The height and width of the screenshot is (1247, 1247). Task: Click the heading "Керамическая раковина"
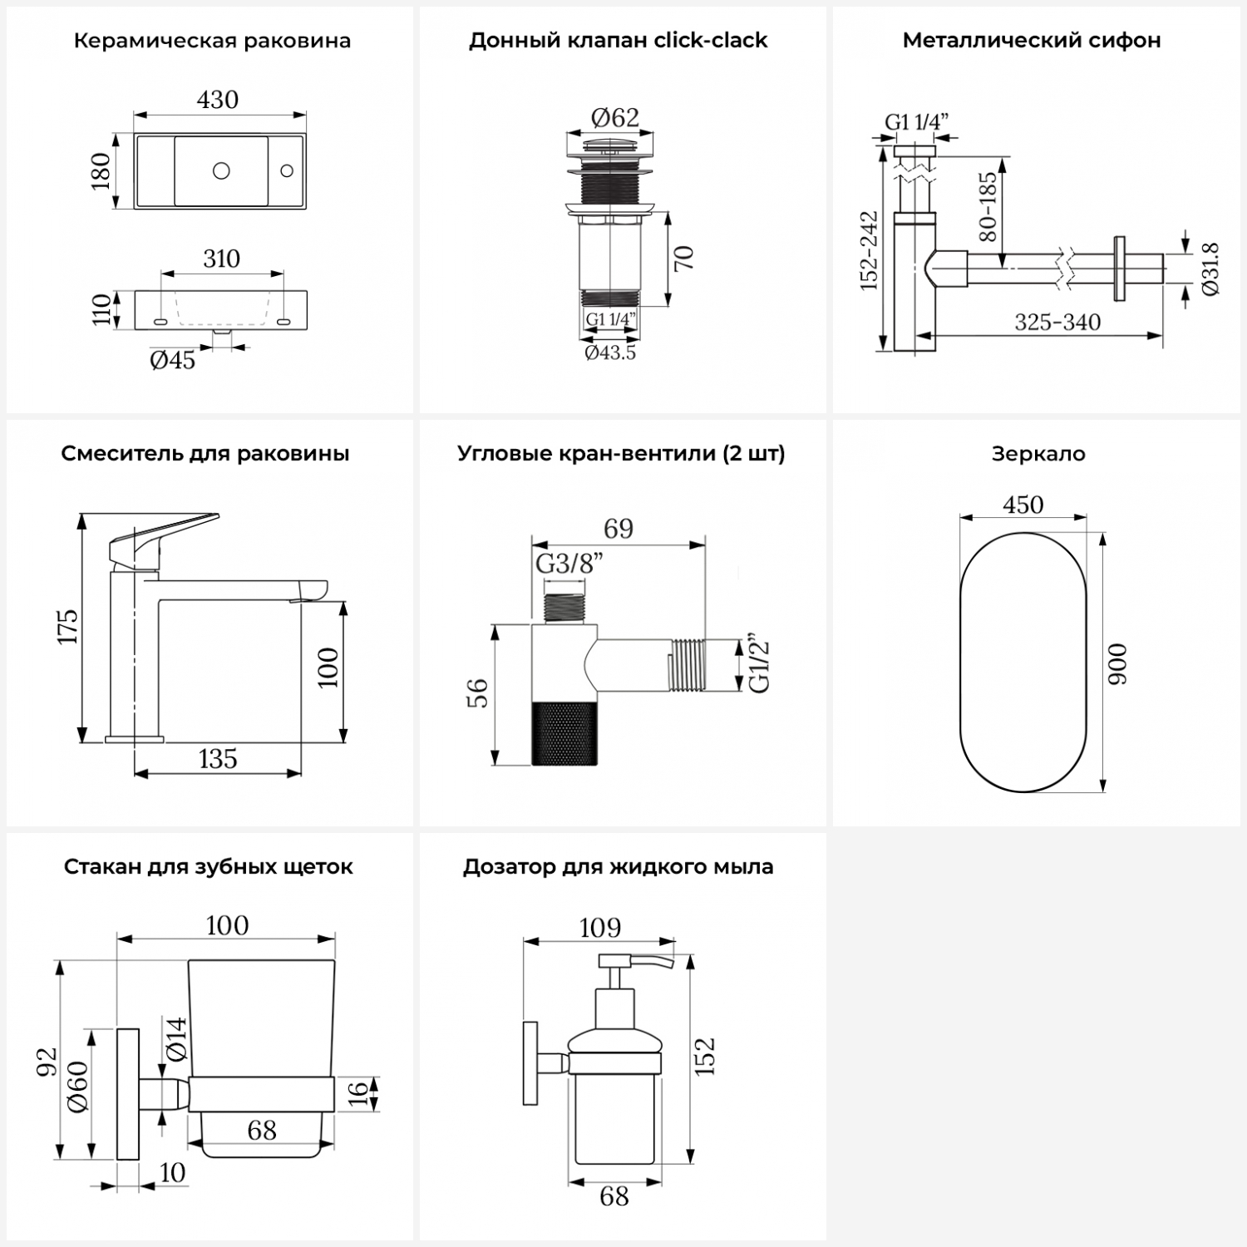pos(212,41)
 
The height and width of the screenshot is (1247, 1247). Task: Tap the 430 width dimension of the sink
pos(218,100)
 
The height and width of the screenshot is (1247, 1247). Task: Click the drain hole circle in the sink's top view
pos(221,170)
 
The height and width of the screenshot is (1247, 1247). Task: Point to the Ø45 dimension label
pos(173,360)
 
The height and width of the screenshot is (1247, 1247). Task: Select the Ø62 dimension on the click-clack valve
pos(615,118)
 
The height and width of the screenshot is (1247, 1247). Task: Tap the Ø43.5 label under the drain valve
pos(610,352)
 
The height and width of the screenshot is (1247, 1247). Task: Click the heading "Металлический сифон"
pos(1032,41)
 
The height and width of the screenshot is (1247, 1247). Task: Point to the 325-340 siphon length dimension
pos(1057,323)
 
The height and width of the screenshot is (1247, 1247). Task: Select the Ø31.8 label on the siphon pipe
pos(1210,269)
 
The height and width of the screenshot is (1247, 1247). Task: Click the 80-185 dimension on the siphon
pos(988,206)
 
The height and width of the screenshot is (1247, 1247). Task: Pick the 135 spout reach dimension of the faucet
pos(218,758)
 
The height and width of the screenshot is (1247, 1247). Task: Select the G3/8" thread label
pos(569,564)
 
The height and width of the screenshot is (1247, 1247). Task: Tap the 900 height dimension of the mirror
pos(1118,663)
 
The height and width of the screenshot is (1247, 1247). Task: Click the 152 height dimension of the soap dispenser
pos(705,1056)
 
